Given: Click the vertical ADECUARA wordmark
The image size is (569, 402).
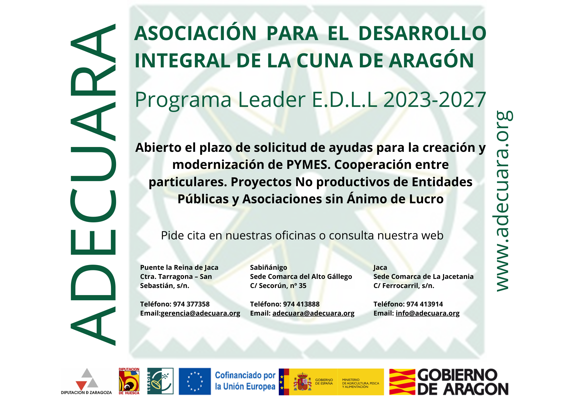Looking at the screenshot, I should [x=93, y=185].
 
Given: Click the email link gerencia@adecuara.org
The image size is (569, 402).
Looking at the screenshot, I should [x=200, y=313].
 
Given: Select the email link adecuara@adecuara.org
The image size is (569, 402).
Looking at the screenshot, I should [x=313, y=313].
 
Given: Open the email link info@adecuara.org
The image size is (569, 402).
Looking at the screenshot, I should [x=427, y=313].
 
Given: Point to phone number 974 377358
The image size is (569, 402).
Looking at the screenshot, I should [x=191, y=304].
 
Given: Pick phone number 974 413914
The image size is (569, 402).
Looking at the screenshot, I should [x=424, y=304].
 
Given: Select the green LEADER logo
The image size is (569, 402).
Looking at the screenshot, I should [x=160, y=381].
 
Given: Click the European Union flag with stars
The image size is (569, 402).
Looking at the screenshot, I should [x=195, y=381].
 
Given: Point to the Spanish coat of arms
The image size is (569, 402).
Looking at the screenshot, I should [x=302, y=382].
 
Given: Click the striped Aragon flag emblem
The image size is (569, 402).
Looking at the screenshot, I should [x=402, y=382].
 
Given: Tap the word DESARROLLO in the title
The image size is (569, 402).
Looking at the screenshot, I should [x=422, y=33].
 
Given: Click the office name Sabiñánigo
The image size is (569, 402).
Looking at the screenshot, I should [x=268, y=267].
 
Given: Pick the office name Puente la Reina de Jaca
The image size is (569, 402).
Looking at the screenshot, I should [x=179, y=267].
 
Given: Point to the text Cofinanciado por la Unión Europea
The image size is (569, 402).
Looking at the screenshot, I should [x=245, y=381].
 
